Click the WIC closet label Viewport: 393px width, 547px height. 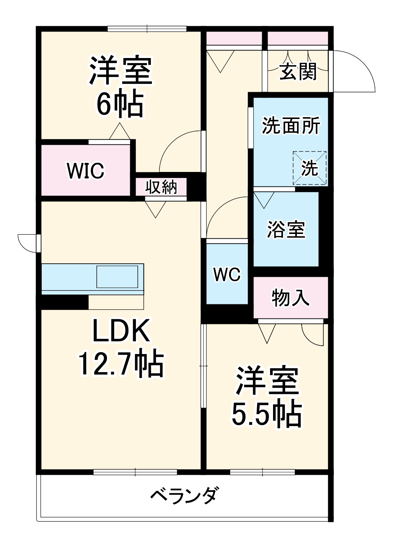(86, 170)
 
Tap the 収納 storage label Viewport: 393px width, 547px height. (161, 187)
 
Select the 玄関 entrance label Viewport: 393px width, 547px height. (298, 71)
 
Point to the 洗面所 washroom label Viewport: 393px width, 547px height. (291, 126)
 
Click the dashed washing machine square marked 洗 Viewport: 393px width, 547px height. (310, 168)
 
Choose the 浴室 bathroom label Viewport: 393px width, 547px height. (286, 229)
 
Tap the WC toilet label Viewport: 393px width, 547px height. (227, 274)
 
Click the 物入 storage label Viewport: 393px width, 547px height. (290, 297)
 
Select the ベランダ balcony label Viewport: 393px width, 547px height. (185, 495)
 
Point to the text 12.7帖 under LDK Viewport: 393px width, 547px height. (121, 364)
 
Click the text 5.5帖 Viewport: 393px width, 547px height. (267, 414)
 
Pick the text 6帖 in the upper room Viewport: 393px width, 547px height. (120, 104)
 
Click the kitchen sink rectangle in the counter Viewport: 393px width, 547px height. (117, 277)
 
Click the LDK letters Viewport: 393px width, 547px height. (121, 331)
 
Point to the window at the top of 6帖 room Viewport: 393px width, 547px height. (147, 29)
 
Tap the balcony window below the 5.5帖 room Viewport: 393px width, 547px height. (262, 472)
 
